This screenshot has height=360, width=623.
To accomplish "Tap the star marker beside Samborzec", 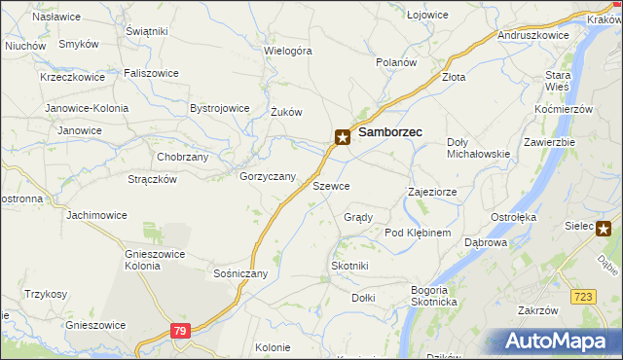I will point(343,137).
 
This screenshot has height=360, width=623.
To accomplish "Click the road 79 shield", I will point(179,332).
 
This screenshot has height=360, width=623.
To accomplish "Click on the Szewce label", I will point(331,185).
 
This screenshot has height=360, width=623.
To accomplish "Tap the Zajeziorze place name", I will point(432,192).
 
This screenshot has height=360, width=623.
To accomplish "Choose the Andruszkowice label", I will point(532,34).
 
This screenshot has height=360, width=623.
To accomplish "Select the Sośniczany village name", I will point(240,273).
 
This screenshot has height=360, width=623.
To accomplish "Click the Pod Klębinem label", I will point(418,233).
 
